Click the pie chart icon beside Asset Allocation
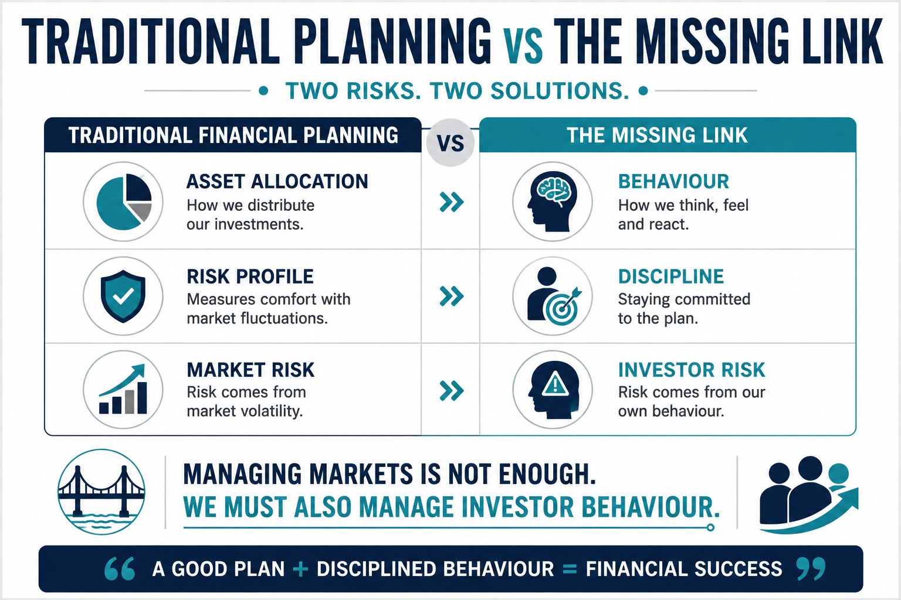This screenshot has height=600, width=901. click(124, 202)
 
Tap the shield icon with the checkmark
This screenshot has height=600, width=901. click(123, 296)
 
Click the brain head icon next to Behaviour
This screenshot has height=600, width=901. click(552, 202)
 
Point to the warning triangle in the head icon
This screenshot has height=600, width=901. click(555, 383)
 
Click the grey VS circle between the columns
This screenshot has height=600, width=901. click(450, 142)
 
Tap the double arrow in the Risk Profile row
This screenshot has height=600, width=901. click(452, 296)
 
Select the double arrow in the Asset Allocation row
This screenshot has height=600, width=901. click(452, 202)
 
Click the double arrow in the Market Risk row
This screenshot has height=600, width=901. click(452, 391)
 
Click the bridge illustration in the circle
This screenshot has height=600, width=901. click(101, 492)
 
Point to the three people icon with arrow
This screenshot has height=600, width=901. click(808, 495)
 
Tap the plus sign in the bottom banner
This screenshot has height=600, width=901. click(300, 570)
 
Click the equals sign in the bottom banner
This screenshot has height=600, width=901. click(570, 570)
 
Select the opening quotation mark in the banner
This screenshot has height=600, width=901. click(120, 569)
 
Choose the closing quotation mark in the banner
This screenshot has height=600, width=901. click(811, 569)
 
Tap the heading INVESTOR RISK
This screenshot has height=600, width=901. click(692, 370)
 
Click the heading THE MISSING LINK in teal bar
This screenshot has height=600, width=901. click(657, 135)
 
